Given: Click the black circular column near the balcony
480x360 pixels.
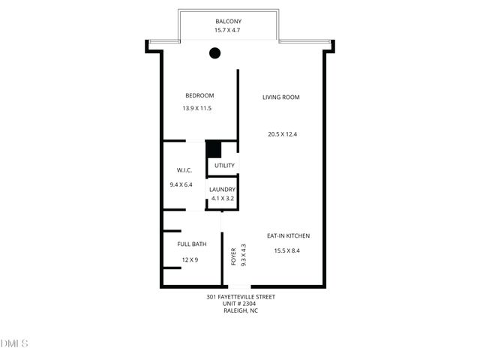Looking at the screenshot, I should coord(214,52).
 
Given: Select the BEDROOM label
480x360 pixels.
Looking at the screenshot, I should coord(199,95).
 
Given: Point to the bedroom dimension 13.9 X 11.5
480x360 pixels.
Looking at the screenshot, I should coord(197,109).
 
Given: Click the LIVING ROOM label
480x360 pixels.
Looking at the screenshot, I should coord(281,97).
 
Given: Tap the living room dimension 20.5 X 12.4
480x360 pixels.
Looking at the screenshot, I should coord(283,134).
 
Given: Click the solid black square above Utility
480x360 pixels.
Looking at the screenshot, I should coord(214,148).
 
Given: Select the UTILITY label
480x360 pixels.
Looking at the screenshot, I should coord(224,166).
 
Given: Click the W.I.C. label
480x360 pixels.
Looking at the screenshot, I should coord(184,170).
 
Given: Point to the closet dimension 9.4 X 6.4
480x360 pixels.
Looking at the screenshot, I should coord(181,184).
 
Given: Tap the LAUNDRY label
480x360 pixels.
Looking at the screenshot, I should coord(223,190).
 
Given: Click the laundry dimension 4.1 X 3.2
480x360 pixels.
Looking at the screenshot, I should coord(222,199).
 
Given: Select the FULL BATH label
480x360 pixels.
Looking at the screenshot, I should coord(192,244).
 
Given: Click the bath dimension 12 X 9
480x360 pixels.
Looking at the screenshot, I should coord(189,259).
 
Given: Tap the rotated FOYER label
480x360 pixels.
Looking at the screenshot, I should coord(233,256).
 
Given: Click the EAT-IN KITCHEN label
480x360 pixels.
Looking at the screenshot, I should coord(288,236).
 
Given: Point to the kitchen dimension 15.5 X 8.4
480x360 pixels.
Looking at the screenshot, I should coord(286,250).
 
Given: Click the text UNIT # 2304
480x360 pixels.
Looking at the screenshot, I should coord(240,303).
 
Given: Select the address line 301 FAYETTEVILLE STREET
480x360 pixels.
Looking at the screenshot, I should coord(240,296).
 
